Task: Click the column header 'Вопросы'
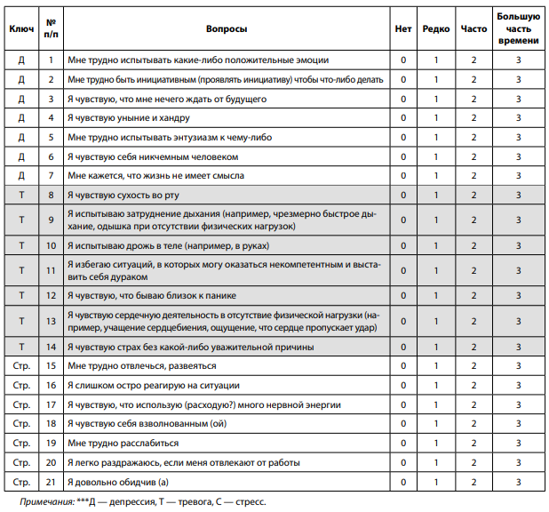pos(227,29)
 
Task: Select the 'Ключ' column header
pos(21,29)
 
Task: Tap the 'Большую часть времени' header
pos(518,29)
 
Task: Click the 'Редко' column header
pos(436,29)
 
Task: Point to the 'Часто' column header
pos(474,29)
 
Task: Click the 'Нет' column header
pos(402,29)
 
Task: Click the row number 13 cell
pos(51,321)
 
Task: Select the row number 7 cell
pos(51,176)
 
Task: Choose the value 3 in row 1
pos(518,60)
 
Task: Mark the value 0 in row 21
pos(402,482)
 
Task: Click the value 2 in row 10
pos(474,245)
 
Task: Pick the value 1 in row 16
pos(436,385)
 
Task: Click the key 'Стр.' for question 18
pos(21,424)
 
